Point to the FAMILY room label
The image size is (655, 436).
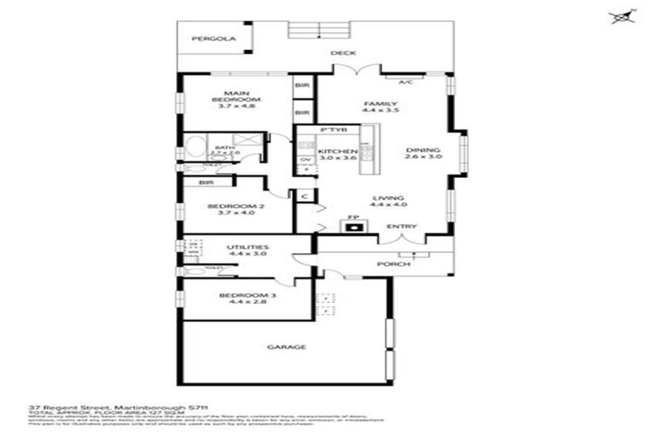pos(380,101)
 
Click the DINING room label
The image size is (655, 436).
pos(423,147)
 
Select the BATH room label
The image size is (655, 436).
pos(224,147)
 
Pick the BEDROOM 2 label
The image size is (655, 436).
pos(230,206)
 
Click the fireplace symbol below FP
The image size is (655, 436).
pos(352,227)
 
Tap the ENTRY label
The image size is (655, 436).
pos(401,227)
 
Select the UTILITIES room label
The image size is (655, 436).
pos(248,246)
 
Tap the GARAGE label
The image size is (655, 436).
pos(287,347)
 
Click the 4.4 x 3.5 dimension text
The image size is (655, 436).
pos(380,110)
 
